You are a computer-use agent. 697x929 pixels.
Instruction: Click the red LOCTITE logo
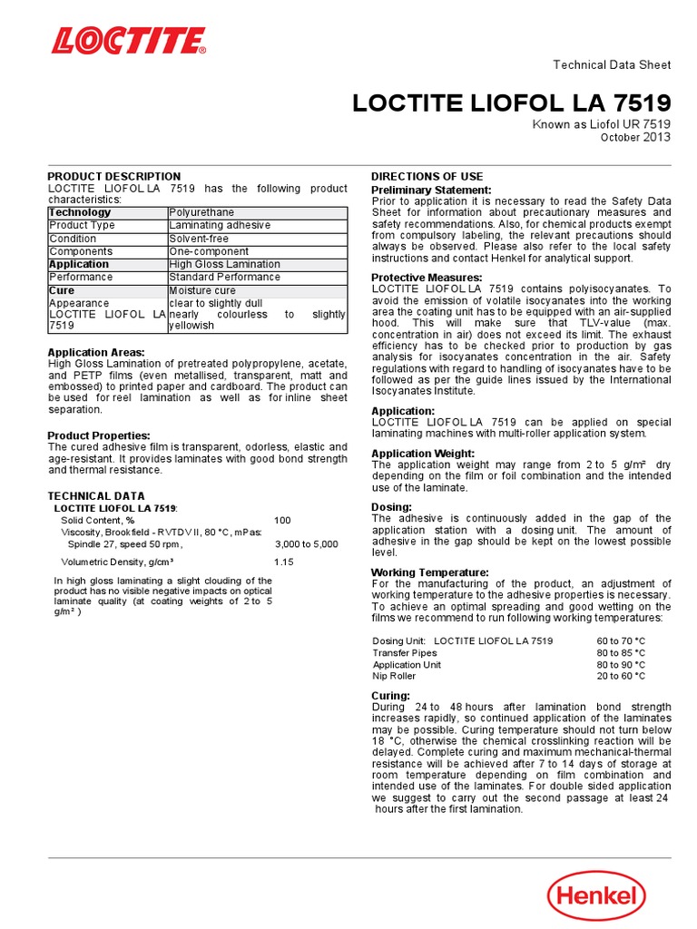tap(129, 41)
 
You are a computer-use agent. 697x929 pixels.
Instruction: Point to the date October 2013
tap(635, 137)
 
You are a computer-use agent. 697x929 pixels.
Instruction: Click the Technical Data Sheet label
tap(612, 64)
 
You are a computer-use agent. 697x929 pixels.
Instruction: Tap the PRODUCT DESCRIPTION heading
tap(113, 176)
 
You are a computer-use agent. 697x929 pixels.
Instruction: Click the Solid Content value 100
tap(283, 520)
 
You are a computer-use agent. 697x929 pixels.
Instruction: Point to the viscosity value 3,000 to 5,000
tap(306, 544)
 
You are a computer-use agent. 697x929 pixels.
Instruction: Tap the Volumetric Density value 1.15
tap(285, 562)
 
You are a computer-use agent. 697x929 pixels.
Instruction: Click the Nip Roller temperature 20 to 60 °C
tap(621, 676)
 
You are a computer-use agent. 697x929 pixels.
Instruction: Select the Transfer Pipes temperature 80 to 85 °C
tap(621, 652)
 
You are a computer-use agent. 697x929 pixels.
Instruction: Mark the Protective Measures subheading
tap(427, 277)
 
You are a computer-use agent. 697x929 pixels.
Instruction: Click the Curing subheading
tap(391, 695)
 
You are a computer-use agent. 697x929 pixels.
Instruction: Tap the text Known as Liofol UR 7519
tap(602, 124)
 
